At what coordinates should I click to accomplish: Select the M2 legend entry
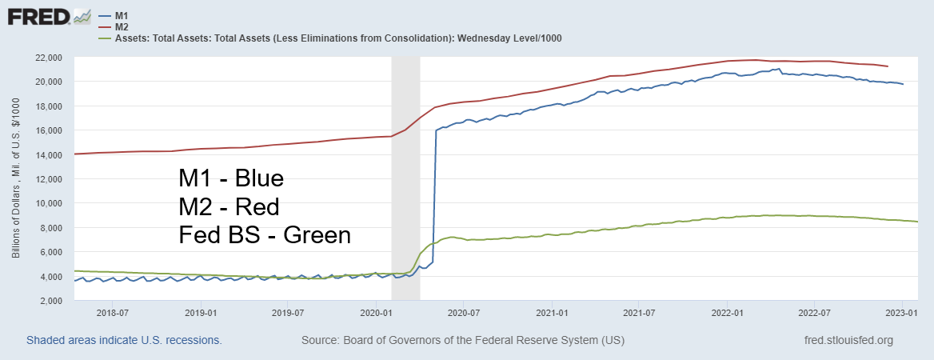(x=122, y=26)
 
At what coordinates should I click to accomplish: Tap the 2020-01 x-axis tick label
(x=375, y=313)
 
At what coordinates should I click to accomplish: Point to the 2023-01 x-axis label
(x=902, y=313)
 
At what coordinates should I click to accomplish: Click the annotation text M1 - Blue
(x=231, y=178)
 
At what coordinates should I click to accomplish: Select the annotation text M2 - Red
(x=229, y=207)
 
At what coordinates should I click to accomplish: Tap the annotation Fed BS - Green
(x=265, y=235)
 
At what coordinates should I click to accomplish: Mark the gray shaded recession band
(x=405, y=176)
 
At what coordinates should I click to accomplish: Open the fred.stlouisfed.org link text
(x=848, y=340)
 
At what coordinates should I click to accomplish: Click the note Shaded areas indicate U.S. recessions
(x=124, y=340)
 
